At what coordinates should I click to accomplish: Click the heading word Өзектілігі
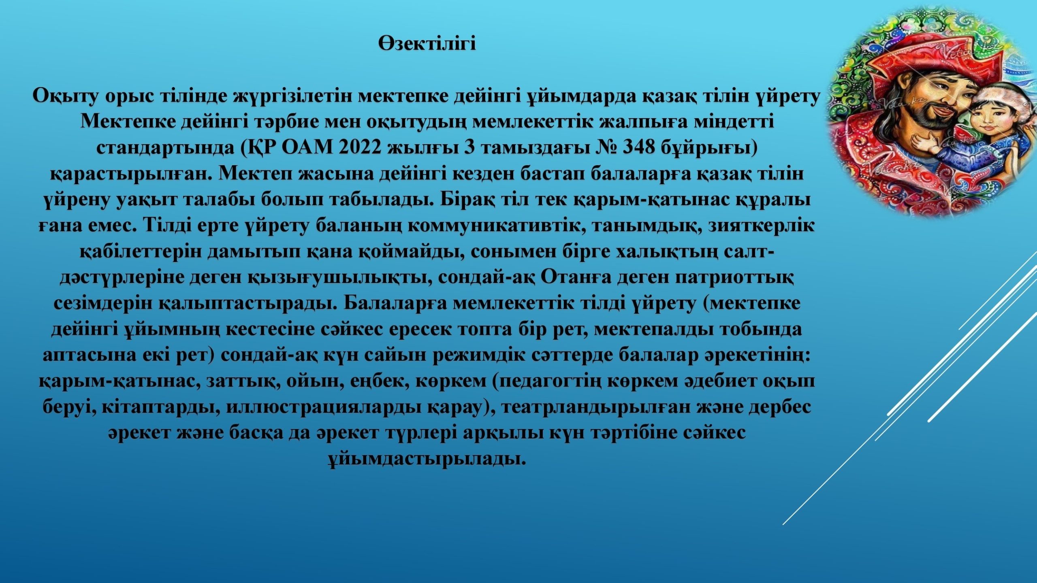pos(427,44)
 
